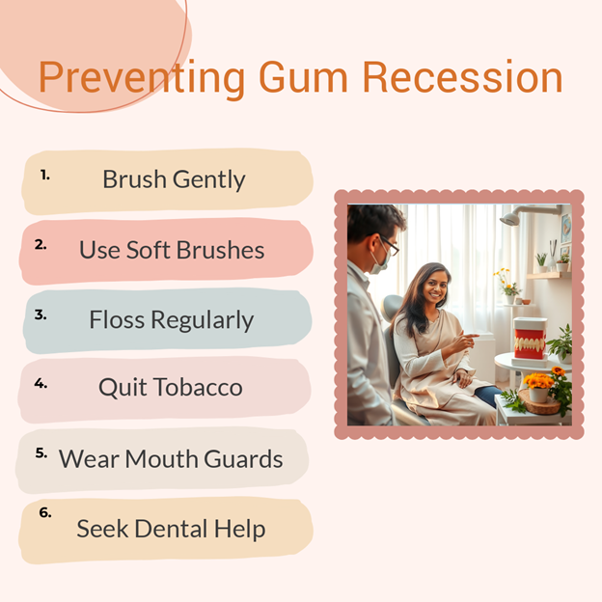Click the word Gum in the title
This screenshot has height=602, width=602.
pos(303,77)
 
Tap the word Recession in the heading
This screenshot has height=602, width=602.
pos(463,77)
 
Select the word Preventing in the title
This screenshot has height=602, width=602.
pos(142,79)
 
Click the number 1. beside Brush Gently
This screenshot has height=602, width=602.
pos(45,175)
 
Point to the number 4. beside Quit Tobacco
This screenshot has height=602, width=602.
pos(41,383)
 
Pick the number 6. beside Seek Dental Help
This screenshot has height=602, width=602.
pos(45,512)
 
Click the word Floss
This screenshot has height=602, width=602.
pos(117,319)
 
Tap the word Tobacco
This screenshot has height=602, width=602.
pos(199,387)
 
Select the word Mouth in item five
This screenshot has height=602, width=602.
pos(162,458)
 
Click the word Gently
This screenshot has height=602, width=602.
pos(208,179)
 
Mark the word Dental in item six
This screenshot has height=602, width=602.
pos(171,529)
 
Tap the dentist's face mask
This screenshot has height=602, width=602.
pos(379,261)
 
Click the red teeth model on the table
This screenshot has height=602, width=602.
pos(531,339)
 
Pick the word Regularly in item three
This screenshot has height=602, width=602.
pos(203,320)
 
